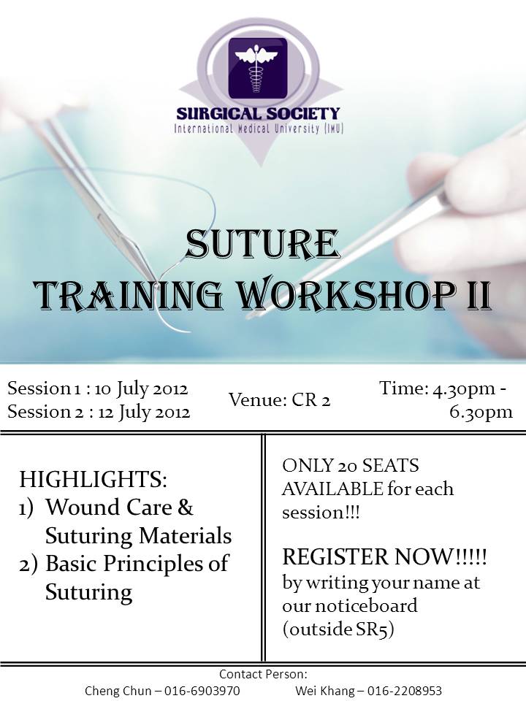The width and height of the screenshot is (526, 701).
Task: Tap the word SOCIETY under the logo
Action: click(x=302, y=114)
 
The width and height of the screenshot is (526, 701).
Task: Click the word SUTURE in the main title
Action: click(x=262, y=244)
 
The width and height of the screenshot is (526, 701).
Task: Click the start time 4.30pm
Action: click(x=463, y=388)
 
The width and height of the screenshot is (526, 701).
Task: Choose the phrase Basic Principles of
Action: click(x=137, y=563)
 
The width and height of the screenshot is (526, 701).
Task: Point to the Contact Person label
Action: click(x=263, y=673)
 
